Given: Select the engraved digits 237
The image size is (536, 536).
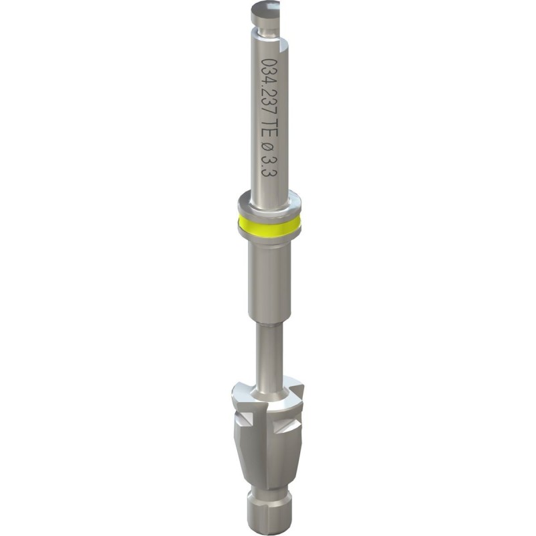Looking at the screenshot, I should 269,101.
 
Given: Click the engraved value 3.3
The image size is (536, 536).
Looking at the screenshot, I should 269,165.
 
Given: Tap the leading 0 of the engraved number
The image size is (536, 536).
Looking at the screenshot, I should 269,63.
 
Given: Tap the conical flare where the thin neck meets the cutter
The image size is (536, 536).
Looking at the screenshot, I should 268,387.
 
